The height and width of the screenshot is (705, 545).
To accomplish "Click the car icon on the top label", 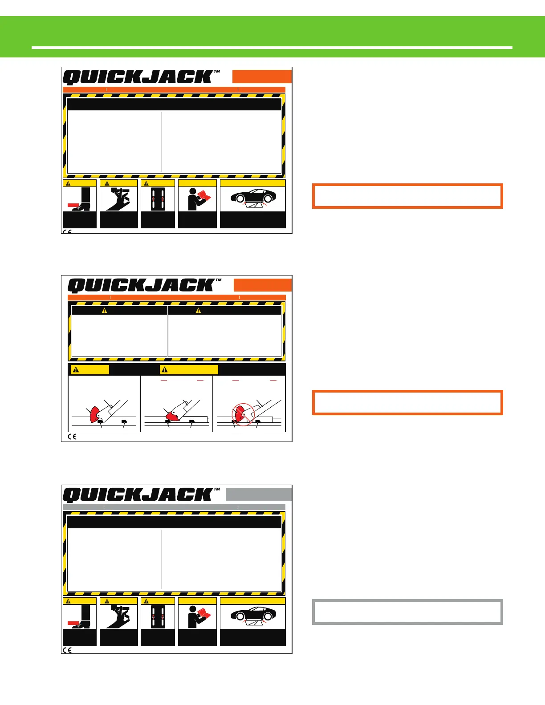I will coord(252,197).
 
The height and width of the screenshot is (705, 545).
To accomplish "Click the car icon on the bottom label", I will coord(252,614).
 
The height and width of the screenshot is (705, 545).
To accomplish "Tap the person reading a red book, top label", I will coord(197,199).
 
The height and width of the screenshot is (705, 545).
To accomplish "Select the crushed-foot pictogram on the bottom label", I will coord(80,616).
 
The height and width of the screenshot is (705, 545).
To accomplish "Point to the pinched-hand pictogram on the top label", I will coord(118,199).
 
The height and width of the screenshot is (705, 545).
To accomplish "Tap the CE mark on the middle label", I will coord(72,437).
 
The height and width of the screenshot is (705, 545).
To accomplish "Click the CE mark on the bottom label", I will coord(67,650).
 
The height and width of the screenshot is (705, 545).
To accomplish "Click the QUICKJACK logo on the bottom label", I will coord(141,495).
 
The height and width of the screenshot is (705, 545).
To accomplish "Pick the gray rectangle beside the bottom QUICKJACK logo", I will coord(259,494).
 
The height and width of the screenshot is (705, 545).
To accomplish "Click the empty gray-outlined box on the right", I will coord(407,612).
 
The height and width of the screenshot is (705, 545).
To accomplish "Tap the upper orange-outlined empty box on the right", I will coord(407,196).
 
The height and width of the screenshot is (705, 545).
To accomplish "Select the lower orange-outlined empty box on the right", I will coord(407,402).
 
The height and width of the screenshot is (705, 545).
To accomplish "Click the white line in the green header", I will coord(272,47).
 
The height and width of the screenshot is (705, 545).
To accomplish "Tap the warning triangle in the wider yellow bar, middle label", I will coord(165,369).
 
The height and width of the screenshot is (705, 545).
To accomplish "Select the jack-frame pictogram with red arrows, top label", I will coord(158,199).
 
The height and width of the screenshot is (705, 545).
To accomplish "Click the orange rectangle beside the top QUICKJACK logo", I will coord(262,77).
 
